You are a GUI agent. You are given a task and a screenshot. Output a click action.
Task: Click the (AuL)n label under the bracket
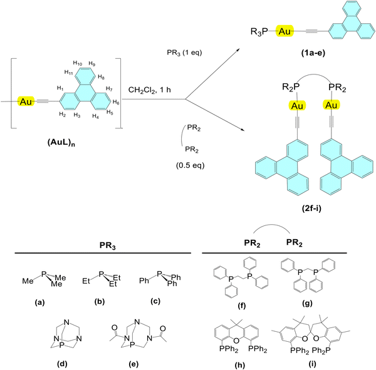(61, 143)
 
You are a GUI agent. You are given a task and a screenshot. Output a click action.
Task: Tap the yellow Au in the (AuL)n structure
(26, 101)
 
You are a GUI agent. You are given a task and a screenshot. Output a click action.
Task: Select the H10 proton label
(78, 63)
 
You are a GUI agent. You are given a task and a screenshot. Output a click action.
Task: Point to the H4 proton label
(95, 116)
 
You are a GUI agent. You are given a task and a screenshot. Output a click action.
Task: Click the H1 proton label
(60, 88)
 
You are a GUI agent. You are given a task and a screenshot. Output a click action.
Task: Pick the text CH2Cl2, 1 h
(149, 90)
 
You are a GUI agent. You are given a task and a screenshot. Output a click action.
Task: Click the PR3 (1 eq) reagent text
(184, 53)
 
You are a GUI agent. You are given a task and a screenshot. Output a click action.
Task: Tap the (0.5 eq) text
(191, 165)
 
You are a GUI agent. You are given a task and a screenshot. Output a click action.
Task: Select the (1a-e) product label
(313, 53)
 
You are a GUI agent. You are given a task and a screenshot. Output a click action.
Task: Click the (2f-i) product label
(311, 208)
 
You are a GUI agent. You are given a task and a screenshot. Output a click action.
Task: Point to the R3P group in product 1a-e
(259, 31)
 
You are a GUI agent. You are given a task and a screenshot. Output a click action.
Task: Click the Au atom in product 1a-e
(285, 31)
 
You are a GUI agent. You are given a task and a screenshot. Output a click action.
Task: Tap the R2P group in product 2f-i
(291, 87)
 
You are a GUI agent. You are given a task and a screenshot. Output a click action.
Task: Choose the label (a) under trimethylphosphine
(39, 302)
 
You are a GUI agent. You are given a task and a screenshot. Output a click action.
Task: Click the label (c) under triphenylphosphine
(155, 301)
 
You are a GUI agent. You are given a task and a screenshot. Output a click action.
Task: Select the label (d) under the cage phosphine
(62, 364)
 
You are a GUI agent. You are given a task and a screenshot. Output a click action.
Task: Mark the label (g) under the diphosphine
(308, 304)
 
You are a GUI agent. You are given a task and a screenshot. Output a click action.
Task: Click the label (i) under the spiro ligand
(312, 364)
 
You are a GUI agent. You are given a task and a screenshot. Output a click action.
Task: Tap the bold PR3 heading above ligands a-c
(108, 245)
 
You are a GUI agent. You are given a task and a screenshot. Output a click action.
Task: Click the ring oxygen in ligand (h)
(236, 341)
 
